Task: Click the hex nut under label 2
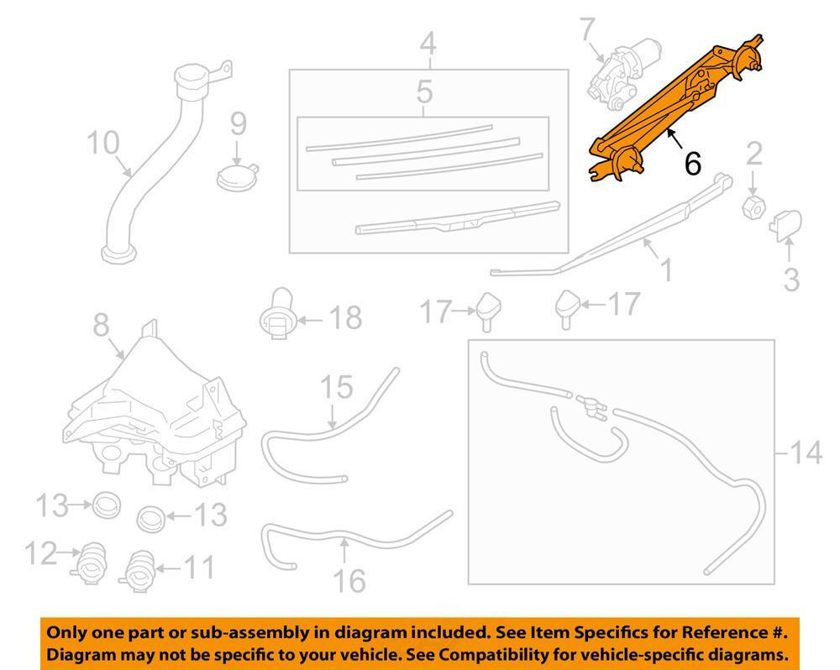click(x=754, y=206)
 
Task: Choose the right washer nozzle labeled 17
click(x=569, y=307)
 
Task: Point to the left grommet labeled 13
click(x=106, y=505)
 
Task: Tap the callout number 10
click(x=103, y=144)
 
